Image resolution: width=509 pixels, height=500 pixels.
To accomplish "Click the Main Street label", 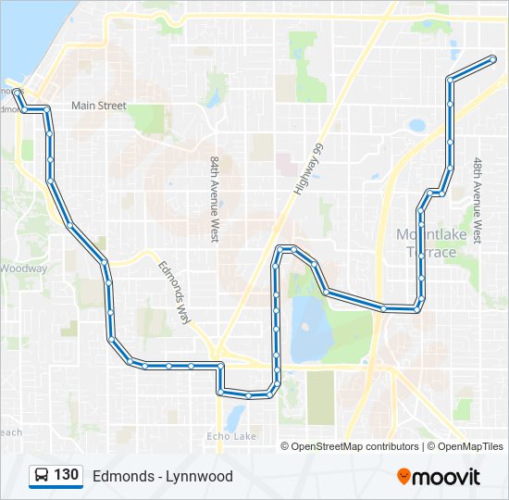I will click(98, 106).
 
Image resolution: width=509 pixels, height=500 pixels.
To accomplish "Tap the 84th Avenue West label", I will click(214, 199).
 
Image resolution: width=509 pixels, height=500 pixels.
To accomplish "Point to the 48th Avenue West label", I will click(477, 200).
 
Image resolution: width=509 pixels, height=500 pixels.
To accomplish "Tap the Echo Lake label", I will click(231, 436).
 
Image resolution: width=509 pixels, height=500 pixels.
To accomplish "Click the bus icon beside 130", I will click(42, 476).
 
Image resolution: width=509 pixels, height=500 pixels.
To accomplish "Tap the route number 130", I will click(66, 475).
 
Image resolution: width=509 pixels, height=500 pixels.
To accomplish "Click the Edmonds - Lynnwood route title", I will click(162, 476).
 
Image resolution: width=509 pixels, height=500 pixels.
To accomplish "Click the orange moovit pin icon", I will click(404, 476).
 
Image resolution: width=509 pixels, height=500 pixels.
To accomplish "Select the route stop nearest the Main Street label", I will click(46, 109).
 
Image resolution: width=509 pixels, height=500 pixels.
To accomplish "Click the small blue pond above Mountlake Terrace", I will click(416, 125).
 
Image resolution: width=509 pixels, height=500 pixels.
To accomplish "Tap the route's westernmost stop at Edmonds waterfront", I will click(17, 92).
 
